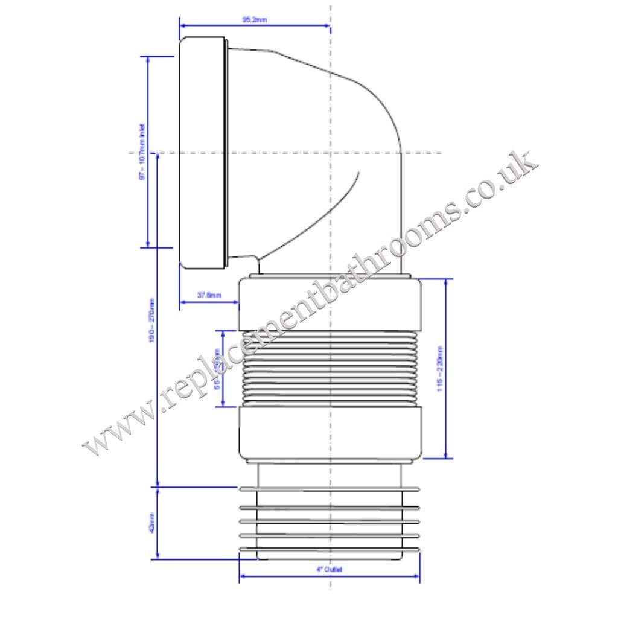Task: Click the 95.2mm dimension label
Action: pyautogui.click(x=254, y=20)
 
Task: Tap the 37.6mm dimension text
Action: pyautogui.click(x=209, y=295)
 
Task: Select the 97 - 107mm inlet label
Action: pyautogui.click(x=142, y=152)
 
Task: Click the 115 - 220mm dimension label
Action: pyautogui.click(x=440, y=369)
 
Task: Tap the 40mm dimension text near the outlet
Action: pyautogui.click(x=151, y=522)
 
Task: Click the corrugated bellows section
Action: pyautogui.click(x=330, y=369)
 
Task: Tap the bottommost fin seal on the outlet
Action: pyautogui.click(x=330, y=550)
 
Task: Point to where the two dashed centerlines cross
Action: pyautogui.click(x=330, y=153)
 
